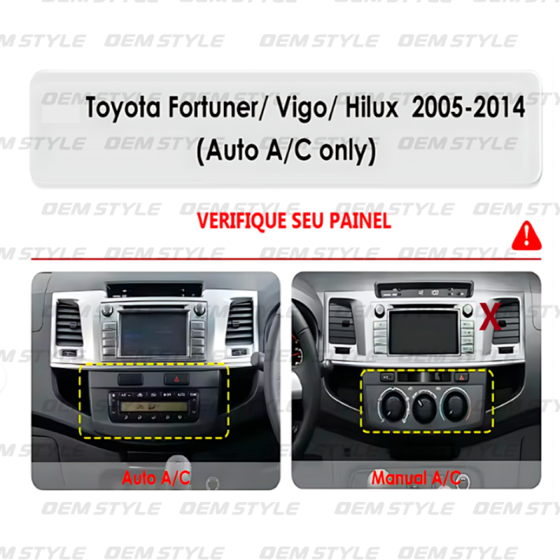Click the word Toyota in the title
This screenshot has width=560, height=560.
[123, 108]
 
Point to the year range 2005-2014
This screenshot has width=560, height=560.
[468, 107]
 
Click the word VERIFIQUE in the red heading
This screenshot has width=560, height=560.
[242, 220]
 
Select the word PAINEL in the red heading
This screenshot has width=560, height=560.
[360, 220]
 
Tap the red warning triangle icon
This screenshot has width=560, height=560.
[526, 236]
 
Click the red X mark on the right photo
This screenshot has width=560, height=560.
[490, 316]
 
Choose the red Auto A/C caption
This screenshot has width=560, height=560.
[156, 478]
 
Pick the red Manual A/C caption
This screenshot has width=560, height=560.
[416, 478]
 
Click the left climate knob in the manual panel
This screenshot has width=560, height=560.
[393, 405]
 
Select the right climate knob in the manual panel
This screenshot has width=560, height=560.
[454, 405]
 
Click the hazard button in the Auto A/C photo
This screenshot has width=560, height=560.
[176, 379]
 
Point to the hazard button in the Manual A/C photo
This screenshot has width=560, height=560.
[462, 377]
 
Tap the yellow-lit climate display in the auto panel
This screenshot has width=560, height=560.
[154, 407]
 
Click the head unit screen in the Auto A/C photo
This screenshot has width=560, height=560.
[154, 333]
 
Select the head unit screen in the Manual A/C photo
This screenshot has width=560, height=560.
[423, 332]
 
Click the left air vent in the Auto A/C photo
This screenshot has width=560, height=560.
[69, 323]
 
